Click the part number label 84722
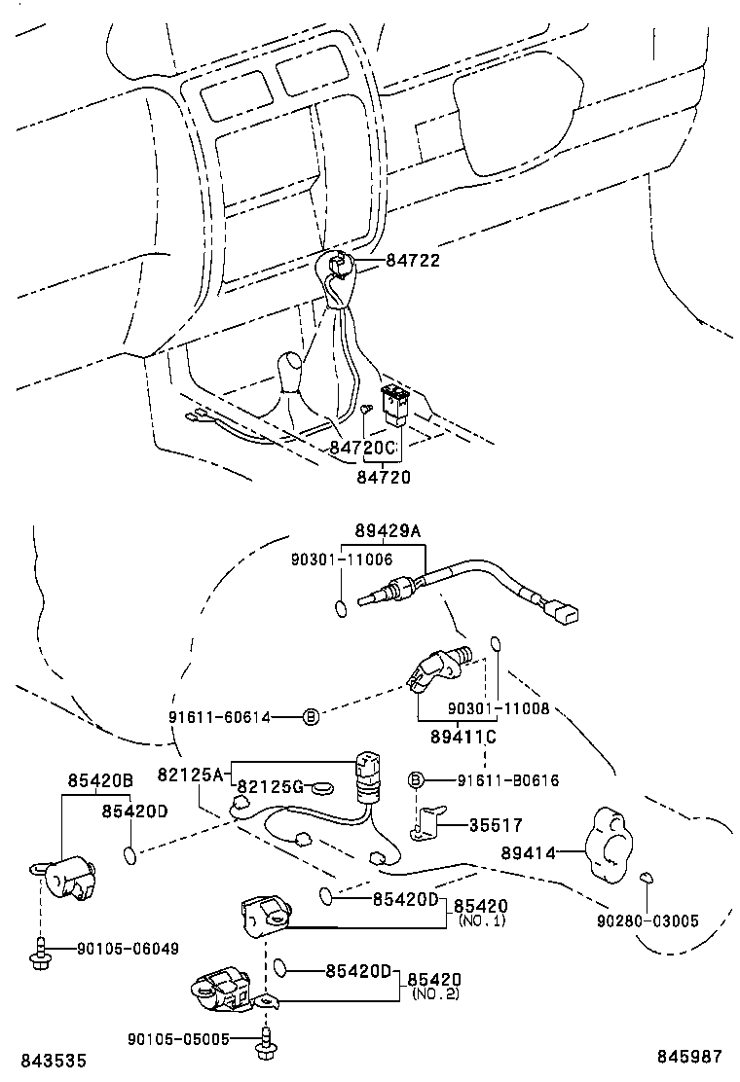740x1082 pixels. (413, 261)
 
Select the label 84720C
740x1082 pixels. (362, 448)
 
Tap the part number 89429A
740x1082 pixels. (388, 531)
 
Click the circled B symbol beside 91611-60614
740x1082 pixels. (311, 717)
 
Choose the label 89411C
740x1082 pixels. (462, 737)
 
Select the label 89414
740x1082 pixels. (529, 852)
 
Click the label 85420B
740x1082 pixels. (99, 780)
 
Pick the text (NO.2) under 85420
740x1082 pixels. (434, 993)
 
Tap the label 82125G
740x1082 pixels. (271, 786)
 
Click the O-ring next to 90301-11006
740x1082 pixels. (340, 609)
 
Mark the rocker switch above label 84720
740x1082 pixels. (395, 404)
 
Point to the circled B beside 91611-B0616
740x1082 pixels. (415, 779)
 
